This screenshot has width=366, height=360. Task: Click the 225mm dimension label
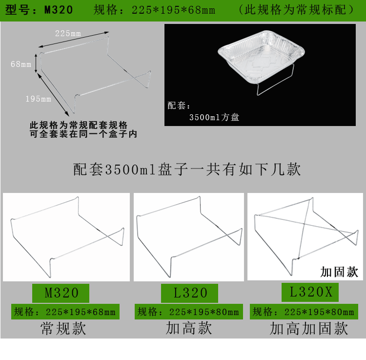[x=68, y=33]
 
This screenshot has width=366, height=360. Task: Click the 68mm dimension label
[x=20, y=64]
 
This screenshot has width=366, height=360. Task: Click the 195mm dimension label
[x=38, y=99]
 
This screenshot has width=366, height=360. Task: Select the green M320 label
[x=61, y=293]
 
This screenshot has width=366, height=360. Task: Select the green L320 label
[x=190, y=293]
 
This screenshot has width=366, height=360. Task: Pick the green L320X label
[x=310, y=292]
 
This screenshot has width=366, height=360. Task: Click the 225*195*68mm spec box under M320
[x=64, y=312]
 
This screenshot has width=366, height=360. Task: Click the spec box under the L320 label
[x=188, y=312]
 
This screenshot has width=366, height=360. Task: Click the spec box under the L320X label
[x=303, y=312]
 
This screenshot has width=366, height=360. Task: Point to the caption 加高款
[x=189, y=328]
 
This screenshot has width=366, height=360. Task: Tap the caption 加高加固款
[x=309, y=328]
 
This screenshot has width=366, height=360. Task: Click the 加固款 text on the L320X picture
[x=339, y=272]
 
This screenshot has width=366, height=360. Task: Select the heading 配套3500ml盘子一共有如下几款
[x=187, y=169]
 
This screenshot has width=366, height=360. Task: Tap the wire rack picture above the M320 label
[x=66, y=237]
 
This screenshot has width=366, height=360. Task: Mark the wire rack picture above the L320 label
[x=189, y=237]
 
